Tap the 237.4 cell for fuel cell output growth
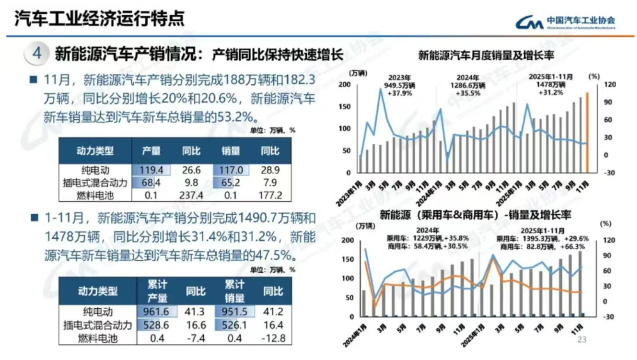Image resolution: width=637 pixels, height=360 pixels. coord(191,195)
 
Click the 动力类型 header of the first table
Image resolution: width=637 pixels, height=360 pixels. coord(95,151)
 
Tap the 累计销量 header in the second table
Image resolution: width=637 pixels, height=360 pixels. coord(234,291)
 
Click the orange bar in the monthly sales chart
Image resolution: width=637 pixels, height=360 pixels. coord(587,133)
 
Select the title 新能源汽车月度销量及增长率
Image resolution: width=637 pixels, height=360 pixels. coord(487,55)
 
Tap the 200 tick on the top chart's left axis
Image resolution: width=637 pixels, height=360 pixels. coord(344,85)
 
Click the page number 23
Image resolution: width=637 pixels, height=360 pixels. coord(581,340)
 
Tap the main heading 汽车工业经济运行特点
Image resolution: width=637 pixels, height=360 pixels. coord(99,18)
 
